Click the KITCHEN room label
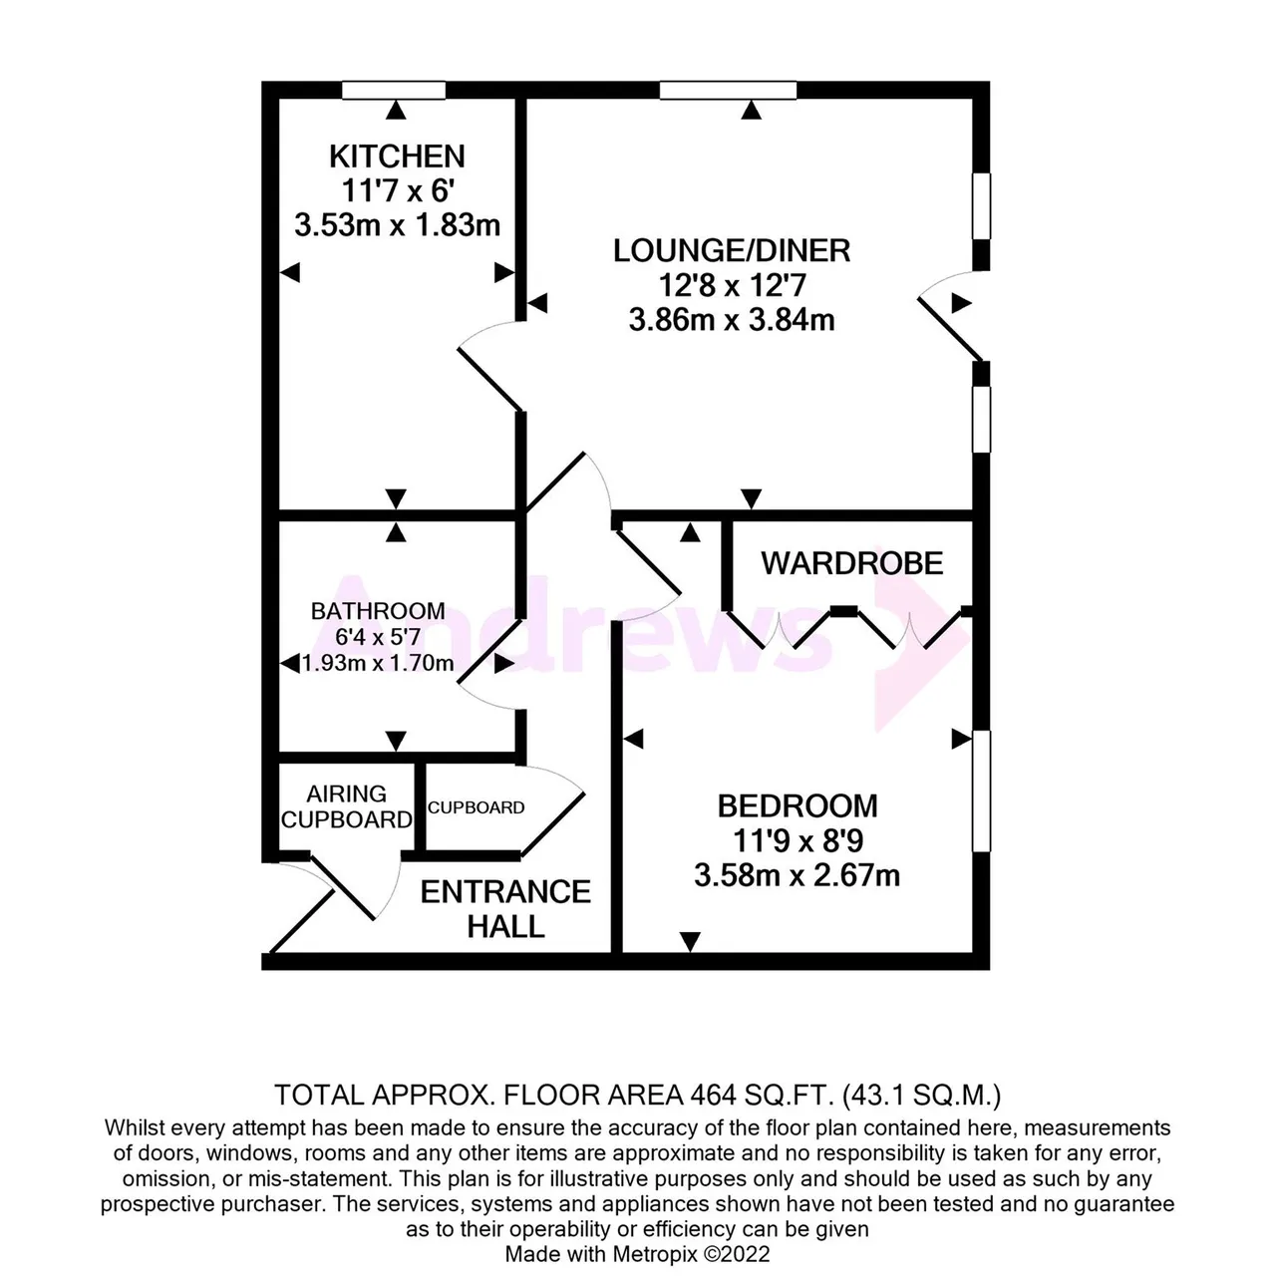tap(397, 157)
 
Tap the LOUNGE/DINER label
tap(732, 251)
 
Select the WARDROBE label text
tap(852, 563)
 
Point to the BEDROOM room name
tap(797, 805)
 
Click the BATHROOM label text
tap(378, 610)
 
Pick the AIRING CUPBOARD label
tap(346, 806)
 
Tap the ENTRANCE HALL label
tap(505, 908)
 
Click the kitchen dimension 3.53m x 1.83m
tap(398, 226)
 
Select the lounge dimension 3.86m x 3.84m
tap(732, 320)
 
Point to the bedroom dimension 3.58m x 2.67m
tap(797, 875)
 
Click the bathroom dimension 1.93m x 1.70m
tap(378, 663)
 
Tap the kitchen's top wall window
tap(394, 90)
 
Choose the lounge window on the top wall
tap(729, 90)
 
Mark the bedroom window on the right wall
tap(981, 791)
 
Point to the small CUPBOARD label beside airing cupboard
tap(477, 807)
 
